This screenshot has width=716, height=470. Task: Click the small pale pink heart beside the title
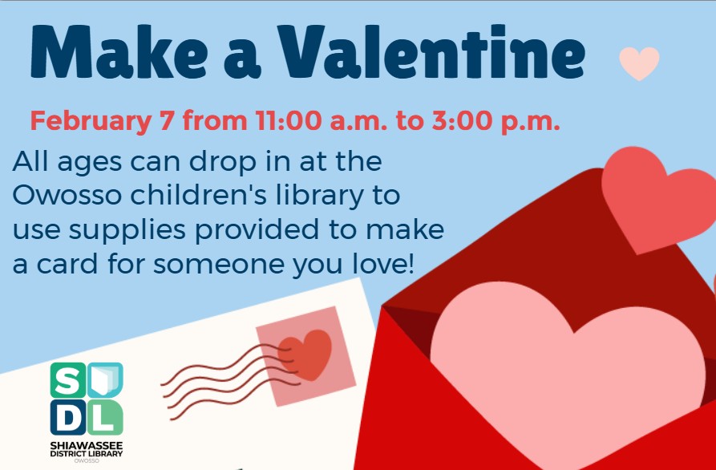click(x=639, y=63)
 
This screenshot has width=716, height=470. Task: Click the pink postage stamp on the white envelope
click(x=305, y=355)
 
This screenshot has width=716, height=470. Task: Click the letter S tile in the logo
click(x=67, y=379)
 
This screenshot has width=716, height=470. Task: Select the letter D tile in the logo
click(x=67, y=418)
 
